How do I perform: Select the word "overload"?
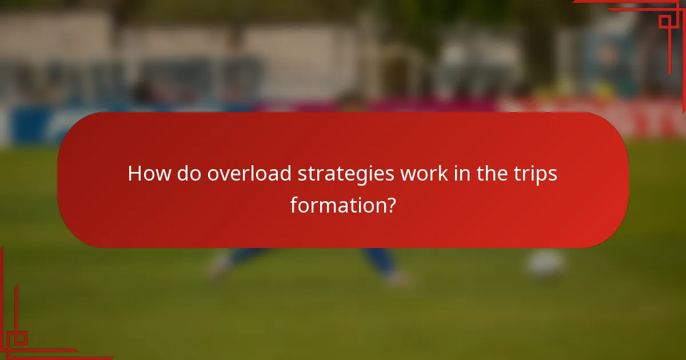point(249,173)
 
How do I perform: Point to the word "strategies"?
point(345,174)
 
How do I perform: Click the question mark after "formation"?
point(390,205)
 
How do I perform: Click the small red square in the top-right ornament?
point(664,22)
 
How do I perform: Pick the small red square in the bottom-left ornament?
point(21,338)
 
